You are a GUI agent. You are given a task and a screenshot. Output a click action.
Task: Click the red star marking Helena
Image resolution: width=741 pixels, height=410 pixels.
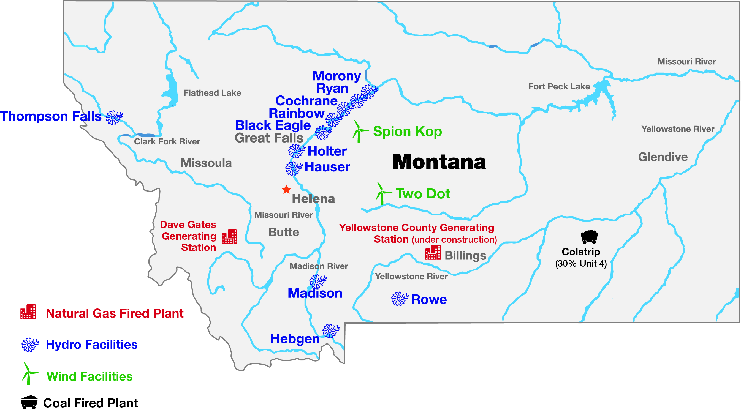[286, 190]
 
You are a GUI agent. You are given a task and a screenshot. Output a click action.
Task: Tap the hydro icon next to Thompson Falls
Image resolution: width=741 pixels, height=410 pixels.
[114, 117]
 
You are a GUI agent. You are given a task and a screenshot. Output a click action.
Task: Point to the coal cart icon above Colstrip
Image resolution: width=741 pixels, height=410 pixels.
[589, 237]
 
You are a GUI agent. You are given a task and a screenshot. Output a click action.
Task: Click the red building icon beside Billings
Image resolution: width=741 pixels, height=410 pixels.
[433, 252]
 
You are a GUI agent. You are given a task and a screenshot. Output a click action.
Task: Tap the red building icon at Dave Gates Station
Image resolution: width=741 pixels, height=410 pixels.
[229, 237]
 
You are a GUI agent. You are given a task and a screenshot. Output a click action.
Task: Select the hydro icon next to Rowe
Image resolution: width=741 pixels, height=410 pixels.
[400, 299]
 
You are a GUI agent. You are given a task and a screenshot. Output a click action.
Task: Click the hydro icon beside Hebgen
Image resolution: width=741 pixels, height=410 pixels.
[330, 331]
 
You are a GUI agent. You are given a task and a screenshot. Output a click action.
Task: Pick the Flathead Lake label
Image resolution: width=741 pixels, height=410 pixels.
[212, 93]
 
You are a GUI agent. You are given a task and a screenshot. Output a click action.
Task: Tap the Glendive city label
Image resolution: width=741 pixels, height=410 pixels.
[663, 157]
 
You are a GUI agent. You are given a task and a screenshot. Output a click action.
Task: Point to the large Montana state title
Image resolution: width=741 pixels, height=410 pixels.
[439, 162]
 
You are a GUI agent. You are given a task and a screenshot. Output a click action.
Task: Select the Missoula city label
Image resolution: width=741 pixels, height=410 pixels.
[206, 163]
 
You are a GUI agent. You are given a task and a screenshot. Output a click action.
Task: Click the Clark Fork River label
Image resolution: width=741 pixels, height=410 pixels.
[167, 141]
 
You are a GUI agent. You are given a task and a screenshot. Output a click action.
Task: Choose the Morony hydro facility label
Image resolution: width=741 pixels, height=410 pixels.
[336, 76]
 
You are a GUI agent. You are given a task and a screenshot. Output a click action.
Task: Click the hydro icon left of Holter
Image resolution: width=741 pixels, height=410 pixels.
[296, 151]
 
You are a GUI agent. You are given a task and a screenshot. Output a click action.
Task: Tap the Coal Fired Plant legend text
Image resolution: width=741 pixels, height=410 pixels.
[90, 403]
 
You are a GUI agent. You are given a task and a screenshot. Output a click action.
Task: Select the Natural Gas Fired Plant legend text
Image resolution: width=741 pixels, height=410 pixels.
[115, 313]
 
